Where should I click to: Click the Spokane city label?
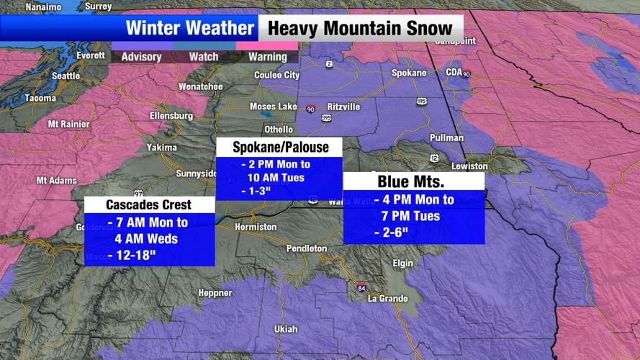[x=408, y=73]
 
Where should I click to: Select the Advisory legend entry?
[x=141, y=57]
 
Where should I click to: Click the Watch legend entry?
[x=204, y=57]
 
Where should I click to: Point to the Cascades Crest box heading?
[x=149, y=205]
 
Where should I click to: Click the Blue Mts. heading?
[x=413, y=181]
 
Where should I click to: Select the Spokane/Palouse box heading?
[x=280, y=148]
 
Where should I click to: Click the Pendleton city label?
[x=306, y=248]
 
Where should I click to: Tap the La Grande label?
[x=387, y=299]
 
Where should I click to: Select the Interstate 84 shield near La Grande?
[x=361, y=287]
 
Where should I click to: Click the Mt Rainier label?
[x=69, y=125]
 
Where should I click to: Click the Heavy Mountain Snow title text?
[x=360, y=29]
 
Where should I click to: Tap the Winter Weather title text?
[x=190, y=29]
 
